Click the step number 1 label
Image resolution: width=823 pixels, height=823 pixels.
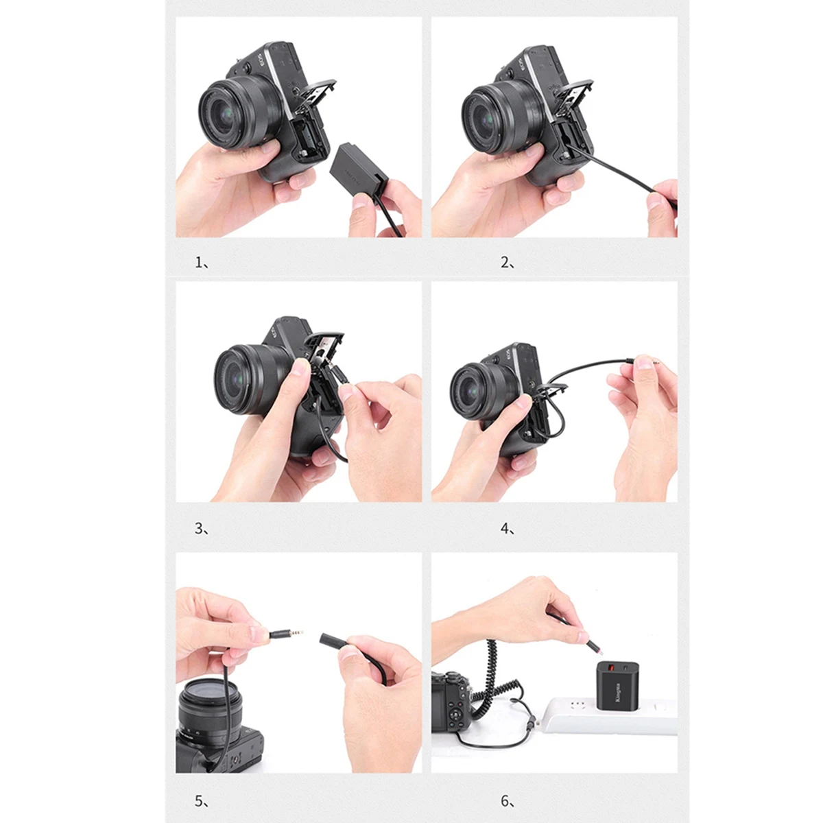[201, 262]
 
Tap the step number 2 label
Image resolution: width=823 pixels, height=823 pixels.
[507, 262]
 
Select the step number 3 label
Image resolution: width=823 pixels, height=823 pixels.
[201, 529]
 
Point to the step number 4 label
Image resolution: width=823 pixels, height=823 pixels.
[507, 529]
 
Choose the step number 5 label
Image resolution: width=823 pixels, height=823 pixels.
[201, 800]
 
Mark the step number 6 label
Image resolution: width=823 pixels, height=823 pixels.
[507, 800]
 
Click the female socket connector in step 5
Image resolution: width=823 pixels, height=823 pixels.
[332, 640]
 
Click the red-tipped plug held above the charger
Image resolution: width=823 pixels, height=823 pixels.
[590, 645]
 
